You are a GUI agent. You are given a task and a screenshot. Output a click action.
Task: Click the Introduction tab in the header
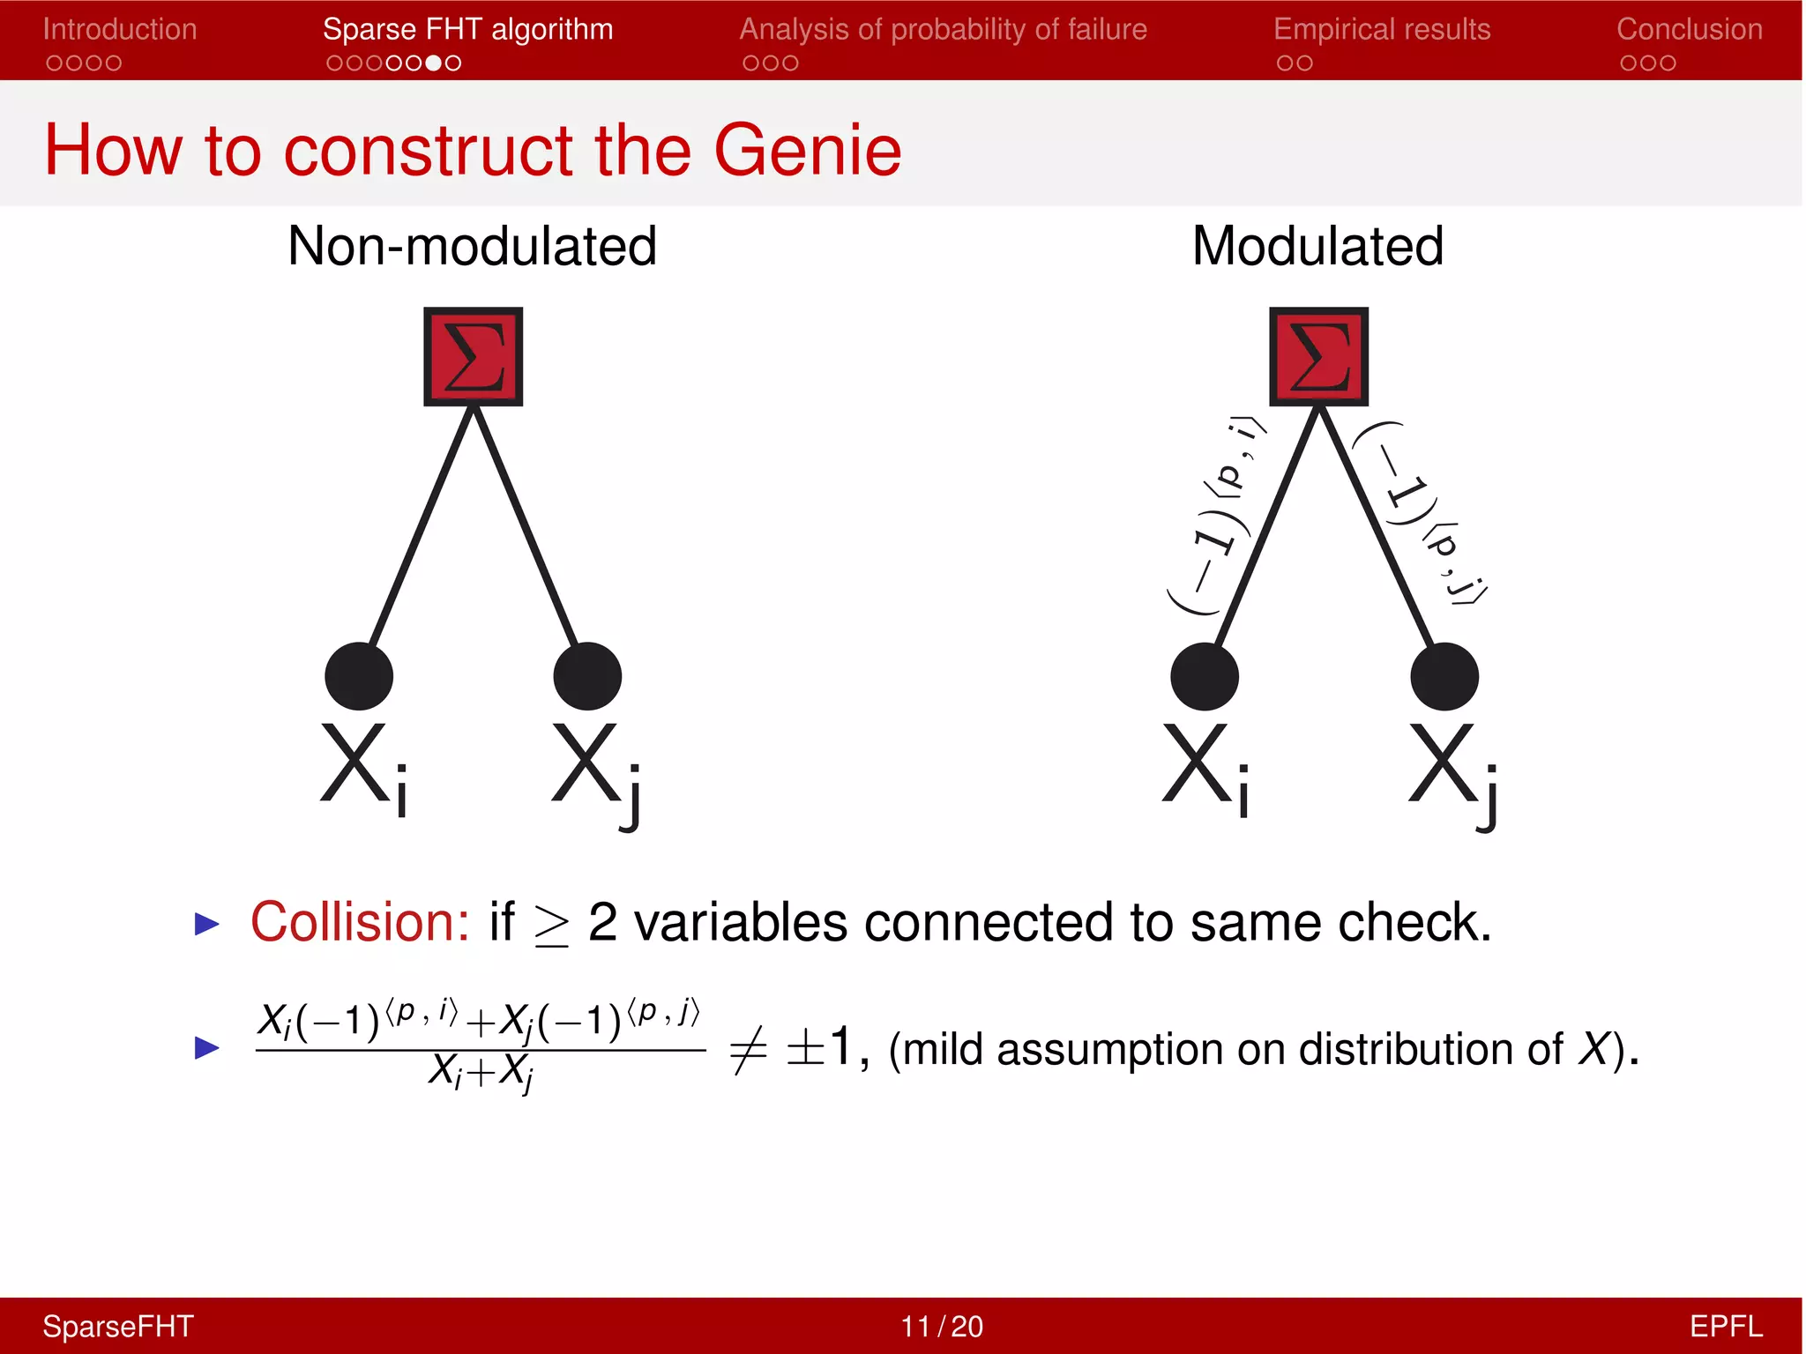[119, 29]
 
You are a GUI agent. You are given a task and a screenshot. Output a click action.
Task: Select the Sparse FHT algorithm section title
[467, 29]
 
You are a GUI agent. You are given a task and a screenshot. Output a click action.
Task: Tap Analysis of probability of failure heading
[943, 29]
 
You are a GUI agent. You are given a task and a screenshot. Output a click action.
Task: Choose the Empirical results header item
[1381, 29]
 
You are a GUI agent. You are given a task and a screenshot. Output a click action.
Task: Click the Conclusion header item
[1689, 29]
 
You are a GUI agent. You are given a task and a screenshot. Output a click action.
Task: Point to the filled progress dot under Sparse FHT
[433, 63]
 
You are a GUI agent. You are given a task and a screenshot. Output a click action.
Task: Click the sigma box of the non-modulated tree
[474, 356]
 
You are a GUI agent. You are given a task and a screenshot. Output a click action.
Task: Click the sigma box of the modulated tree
[1318, 356]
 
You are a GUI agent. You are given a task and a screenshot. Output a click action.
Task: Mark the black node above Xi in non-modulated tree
[359, 676]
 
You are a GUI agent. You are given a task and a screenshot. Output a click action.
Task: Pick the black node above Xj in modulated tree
[1444, 676]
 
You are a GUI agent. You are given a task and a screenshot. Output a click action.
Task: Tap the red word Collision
[360, 922]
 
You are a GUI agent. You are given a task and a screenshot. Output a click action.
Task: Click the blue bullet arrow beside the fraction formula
[206, 1047]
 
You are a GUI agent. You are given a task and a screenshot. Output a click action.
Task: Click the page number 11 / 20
[941, 1326]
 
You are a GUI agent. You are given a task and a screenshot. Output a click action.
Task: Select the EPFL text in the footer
[1725, 1326]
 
